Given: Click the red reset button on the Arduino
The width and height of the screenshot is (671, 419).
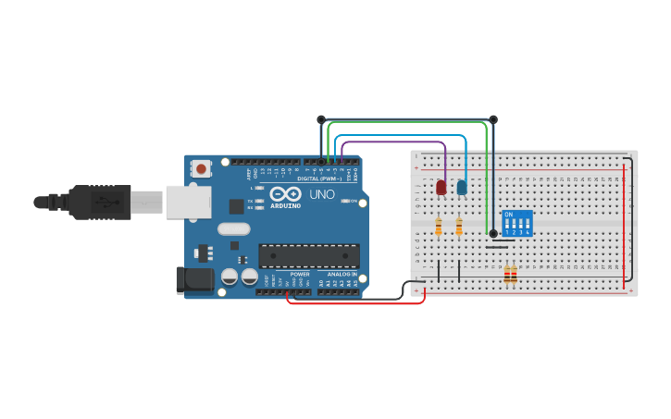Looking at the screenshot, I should click(201, 168).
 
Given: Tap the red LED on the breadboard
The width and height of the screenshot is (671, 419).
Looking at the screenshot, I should click(441, 188).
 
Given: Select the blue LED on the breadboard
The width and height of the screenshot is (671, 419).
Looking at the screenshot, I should click(462, 188).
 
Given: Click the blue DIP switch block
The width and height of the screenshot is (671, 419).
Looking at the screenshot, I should click(517, 223).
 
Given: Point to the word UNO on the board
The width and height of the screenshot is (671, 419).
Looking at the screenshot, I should click(321, 194).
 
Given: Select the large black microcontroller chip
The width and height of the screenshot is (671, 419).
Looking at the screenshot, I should click(309, 255).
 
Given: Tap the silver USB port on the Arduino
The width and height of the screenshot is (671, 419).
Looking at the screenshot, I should click(189, 202).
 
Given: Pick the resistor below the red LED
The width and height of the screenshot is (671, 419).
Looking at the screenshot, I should click(439, 225).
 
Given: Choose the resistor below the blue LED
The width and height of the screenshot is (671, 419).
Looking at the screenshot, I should click(459, 225).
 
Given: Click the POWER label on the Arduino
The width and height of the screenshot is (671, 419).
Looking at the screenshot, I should click(300, 275).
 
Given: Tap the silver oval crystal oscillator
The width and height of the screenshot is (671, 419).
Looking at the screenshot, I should click(234, 228).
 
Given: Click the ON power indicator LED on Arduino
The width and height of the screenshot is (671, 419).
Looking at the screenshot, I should click(346, 201).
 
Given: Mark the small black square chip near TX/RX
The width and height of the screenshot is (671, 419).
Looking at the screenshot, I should click(236, 206).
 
